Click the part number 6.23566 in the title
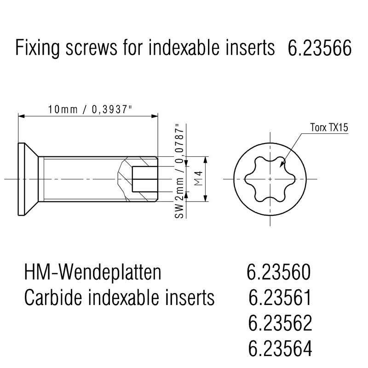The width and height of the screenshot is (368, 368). tap(319, 48)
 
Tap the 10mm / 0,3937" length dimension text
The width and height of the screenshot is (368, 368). tap(90, 109)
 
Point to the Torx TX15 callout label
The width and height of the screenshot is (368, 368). tap(329, 127)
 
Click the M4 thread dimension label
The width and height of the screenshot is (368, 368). tap(199, 179)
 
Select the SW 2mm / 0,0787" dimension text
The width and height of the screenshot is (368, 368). tap(179, 171)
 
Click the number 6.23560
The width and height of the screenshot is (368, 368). tap(279, 272)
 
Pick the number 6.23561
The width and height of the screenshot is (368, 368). tap(280, 297)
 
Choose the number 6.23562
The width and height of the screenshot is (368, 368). tap(280, 323)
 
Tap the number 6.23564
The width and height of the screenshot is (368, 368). tap(280, 348)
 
